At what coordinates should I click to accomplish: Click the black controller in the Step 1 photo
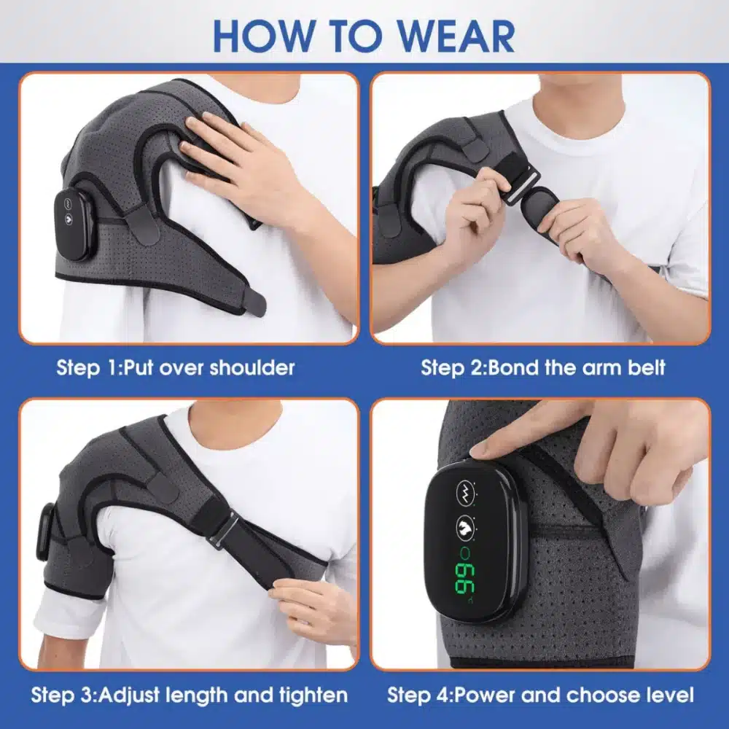(x=73, y=224)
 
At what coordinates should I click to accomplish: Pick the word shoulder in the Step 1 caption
(x=252, y=367)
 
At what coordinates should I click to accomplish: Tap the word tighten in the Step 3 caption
(x=309, y=695)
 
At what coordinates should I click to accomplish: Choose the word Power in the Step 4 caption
(x=487, y=695)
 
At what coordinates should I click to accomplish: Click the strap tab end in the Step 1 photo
(x=255, y=301)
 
